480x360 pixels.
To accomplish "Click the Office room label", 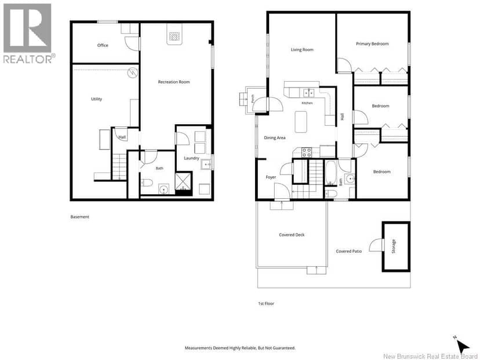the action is tap(103, 45).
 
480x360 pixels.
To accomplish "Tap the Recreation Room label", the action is tap(173, 82).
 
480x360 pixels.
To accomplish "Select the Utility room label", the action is tap(96, 99).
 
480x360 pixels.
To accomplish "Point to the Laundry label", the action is tap(191, 158).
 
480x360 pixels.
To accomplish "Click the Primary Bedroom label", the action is tap(372, 44).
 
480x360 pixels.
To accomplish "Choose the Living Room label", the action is tap(302, 50).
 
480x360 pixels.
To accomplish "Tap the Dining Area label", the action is tap(275, 138).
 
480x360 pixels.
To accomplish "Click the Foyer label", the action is tap(271, 177).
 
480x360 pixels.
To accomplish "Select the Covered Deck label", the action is tap(292, 235).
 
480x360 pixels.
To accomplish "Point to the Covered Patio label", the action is tap(348, 251).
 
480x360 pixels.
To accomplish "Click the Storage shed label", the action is tap(394, 246).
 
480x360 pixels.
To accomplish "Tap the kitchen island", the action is tap(301, 122).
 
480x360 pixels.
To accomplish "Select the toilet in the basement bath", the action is tap(147, 183).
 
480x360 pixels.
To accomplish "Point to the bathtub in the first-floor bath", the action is tap(330, 173).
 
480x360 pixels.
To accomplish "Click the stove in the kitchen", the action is tap(307, 152).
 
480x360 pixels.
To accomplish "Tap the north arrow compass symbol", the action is tap(462, 346).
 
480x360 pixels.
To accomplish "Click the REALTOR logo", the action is tap(29, 34).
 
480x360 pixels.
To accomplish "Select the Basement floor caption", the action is tap(79, 217).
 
